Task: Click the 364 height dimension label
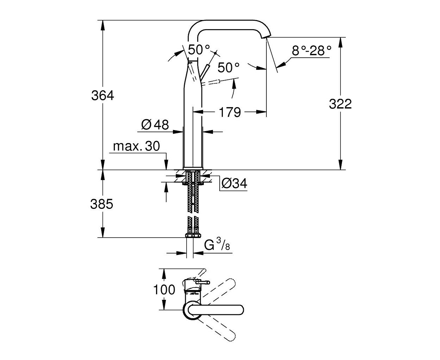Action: [103, 96]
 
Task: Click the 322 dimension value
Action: [340, 104]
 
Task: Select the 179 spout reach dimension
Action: [230, 112]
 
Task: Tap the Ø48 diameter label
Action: [155, 125]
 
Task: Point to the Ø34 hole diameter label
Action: [234, 184]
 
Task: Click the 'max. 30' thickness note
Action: [136, 146]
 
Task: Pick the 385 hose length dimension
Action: [102, 204]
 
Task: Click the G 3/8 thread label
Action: [217, 244]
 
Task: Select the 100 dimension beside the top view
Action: [164, 290]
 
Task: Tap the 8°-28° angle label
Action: [311, 51]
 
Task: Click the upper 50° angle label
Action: [199, 50]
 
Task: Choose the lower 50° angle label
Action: [228, 67]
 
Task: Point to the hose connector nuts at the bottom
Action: [193, 236]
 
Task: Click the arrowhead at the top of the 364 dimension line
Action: [103, 25]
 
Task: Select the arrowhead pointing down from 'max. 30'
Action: [166, 165]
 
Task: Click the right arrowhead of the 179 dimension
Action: [261, 112]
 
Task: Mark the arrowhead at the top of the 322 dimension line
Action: [340, 43]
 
